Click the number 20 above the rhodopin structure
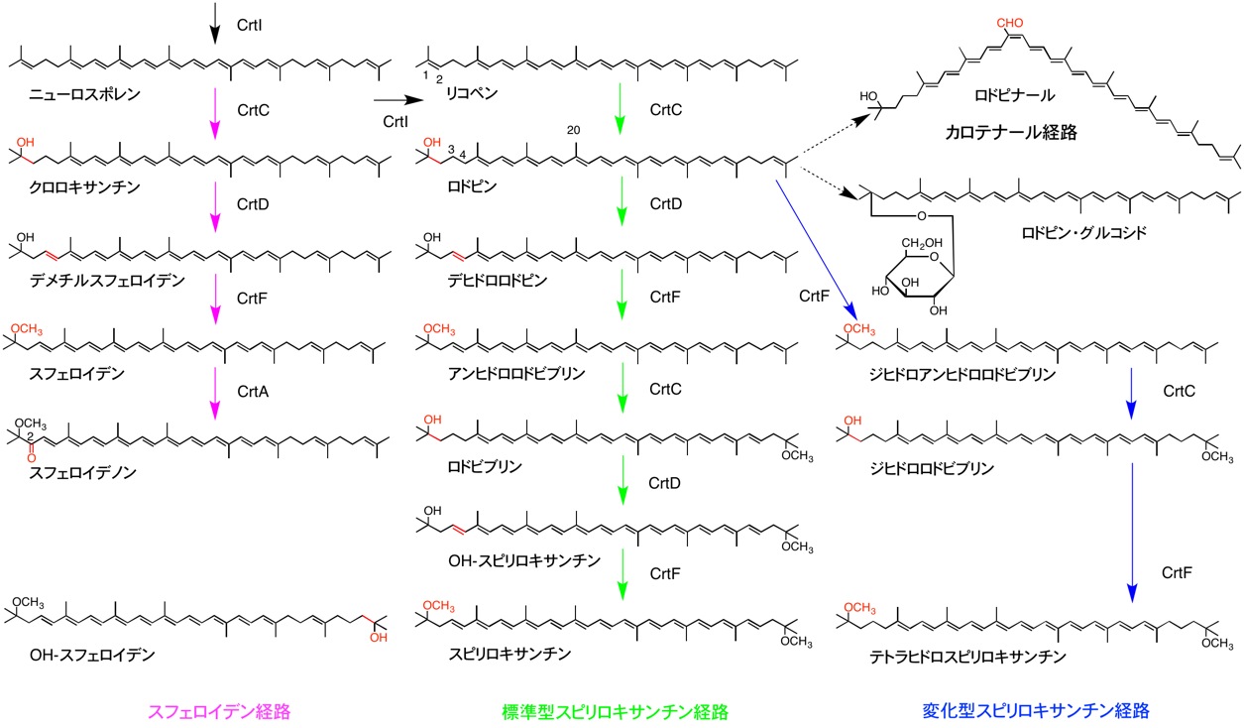click(573, 130)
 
